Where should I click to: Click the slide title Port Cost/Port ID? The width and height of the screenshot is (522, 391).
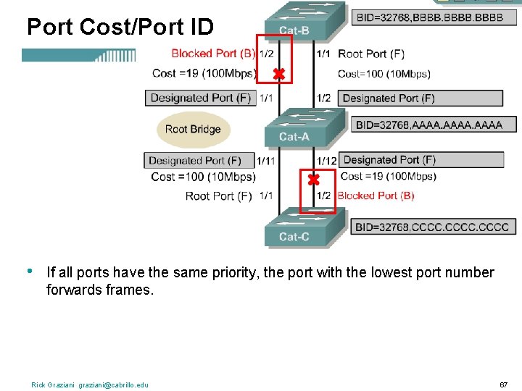120,28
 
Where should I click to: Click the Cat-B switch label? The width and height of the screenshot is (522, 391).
294,30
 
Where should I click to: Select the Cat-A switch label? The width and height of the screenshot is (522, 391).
294,137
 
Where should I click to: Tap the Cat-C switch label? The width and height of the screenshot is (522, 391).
294,236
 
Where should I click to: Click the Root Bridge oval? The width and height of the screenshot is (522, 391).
192,130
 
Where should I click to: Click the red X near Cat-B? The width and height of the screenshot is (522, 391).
278,74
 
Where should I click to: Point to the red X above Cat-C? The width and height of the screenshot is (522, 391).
313,179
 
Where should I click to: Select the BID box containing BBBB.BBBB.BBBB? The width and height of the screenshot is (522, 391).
427,16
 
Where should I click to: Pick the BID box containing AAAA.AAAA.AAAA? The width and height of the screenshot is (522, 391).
428,125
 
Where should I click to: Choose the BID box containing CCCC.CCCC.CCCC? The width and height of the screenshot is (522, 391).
431,227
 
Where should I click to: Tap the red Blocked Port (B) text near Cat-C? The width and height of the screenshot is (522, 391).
376,195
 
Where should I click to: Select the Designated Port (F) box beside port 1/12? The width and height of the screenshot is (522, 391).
421,160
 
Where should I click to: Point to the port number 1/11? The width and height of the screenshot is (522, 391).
266,161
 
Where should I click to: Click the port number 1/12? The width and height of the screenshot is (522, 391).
327,161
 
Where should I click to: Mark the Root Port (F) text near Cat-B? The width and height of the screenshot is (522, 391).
371,54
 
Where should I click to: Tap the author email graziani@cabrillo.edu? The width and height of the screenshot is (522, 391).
113,384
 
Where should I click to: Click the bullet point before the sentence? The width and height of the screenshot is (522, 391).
28,272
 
